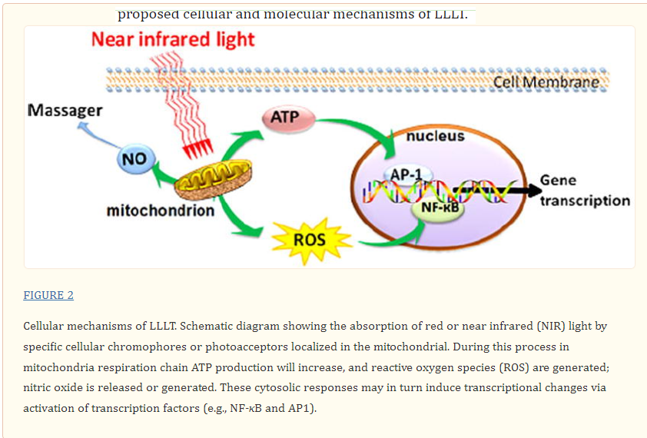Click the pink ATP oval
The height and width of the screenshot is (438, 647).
click(x=288, y=118)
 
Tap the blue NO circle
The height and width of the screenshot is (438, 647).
click(x=136, y=159)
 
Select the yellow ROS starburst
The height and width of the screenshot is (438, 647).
click(x=310, y=241)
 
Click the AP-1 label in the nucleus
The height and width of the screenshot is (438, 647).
click(x=406, y=174)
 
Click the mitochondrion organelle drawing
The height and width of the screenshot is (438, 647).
click(x=213, y=179)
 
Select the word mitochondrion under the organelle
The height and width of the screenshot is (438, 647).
click(x=161, y=211)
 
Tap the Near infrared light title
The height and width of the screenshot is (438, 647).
click(x=173, y=40)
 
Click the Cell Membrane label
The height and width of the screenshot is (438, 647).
click(x=546, y=82)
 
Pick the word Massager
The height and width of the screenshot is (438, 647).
click(x=65, y=110)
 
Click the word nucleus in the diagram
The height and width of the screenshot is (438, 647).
click(x=436, y=136)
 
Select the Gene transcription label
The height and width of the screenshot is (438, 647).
click(x=585, y=191)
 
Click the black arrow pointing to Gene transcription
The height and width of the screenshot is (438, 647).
click(x=497, y=190)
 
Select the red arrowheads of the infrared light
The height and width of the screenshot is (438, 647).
click(x=198, y=148)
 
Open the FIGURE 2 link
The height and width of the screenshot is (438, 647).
click(x=48, y=295)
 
